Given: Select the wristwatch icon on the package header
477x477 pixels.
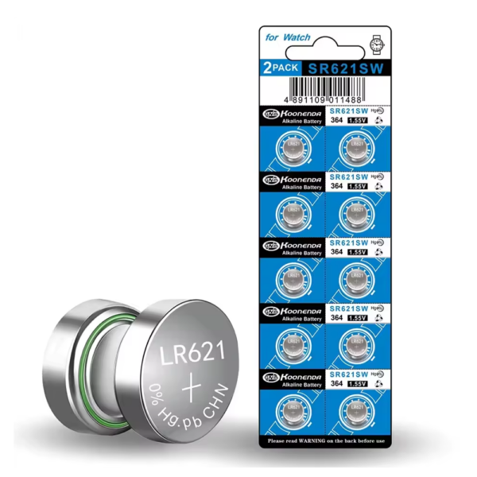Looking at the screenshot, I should (x=376, y=39).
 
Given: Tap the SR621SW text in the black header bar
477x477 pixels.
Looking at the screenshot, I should (x=347, y=69).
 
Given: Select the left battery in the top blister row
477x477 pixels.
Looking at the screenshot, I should (x=292, y=147).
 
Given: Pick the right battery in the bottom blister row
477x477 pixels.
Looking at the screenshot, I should (x=356, y=408).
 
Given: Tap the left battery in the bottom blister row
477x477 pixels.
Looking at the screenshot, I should (x=292, y=408).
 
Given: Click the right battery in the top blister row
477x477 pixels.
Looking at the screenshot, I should (x=356, y=147).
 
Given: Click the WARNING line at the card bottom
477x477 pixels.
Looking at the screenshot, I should (x=326, y=440).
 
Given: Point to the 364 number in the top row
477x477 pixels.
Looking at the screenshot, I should (x=336, y=121).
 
